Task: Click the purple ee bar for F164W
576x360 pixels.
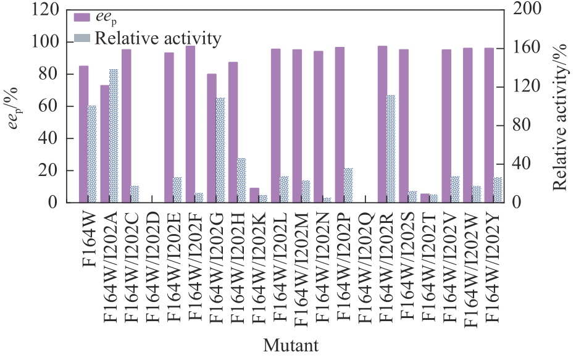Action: (x=83, y=134)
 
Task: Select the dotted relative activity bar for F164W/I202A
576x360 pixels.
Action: (x=114, y=136)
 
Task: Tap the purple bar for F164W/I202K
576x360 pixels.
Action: (x=254, y=195)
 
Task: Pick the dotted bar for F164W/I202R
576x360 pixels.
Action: (x=390, y=149)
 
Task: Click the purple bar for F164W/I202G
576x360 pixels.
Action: (x=211, y=138)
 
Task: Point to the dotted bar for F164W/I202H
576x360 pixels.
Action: (x=241, y=180)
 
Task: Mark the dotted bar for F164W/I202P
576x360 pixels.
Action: (x=348, y=185)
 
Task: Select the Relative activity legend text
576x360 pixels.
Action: (x=157, y=38)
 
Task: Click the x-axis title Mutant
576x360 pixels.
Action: (x=290, y=345)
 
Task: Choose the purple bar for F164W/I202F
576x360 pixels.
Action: (x=190, y=124)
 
